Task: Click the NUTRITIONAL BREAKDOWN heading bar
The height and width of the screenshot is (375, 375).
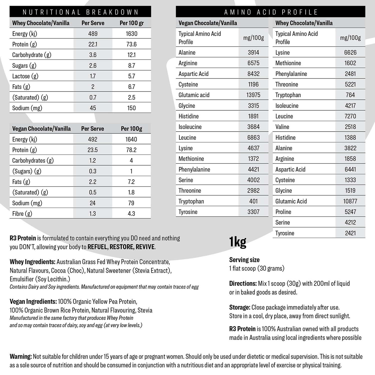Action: pyautogui.click(x=80, y=12)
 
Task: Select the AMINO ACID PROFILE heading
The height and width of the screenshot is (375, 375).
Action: pyautogui.click(x=271, y=12)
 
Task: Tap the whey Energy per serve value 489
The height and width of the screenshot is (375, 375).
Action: pyautogui.click(x=93, y=34)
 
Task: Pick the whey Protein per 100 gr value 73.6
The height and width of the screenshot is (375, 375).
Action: pyautogui.click(x=131, y=44)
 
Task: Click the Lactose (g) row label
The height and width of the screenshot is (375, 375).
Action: pyautogui.click(x=25, y=76)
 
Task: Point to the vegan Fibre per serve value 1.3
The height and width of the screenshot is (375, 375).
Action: pyautogui.click(x=93, y=213)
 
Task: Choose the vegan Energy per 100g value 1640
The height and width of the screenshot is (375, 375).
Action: pyautogui.click(x=131, y=139)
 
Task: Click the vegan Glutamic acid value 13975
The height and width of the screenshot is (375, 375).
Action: pyautogui.click(x=253, y=95)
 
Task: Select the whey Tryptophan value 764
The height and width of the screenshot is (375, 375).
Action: pyautogui.click(x=350, y=95)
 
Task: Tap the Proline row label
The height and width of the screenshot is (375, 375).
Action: pyautogui.click(x=283, y=212)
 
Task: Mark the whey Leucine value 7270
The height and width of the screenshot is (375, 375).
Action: pyautogui.click(x=350, y=116)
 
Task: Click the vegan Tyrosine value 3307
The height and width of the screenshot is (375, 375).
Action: pyautogui.click(x=253, y=212)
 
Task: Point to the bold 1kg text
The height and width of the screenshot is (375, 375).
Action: pyautogui.click(x=238, y=242)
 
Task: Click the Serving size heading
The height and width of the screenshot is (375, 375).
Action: pyautogui.click(x=244, y=260)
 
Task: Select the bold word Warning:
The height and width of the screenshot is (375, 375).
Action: pyautogui.click(x=21, y=356)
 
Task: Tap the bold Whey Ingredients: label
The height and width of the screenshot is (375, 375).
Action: pyautogui.click(x=33, y=262)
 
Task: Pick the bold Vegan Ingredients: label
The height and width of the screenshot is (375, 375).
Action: pyautogui.click(x=33, y=301)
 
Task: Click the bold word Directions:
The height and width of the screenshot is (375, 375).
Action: pyautogui.click(x=243, y=283)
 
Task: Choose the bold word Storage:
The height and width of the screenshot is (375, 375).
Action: pyautogui.click(x=240, y=307)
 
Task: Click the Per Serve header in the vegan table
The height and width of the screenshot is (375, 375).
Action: pyautogui.click(x=92, y=129)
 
